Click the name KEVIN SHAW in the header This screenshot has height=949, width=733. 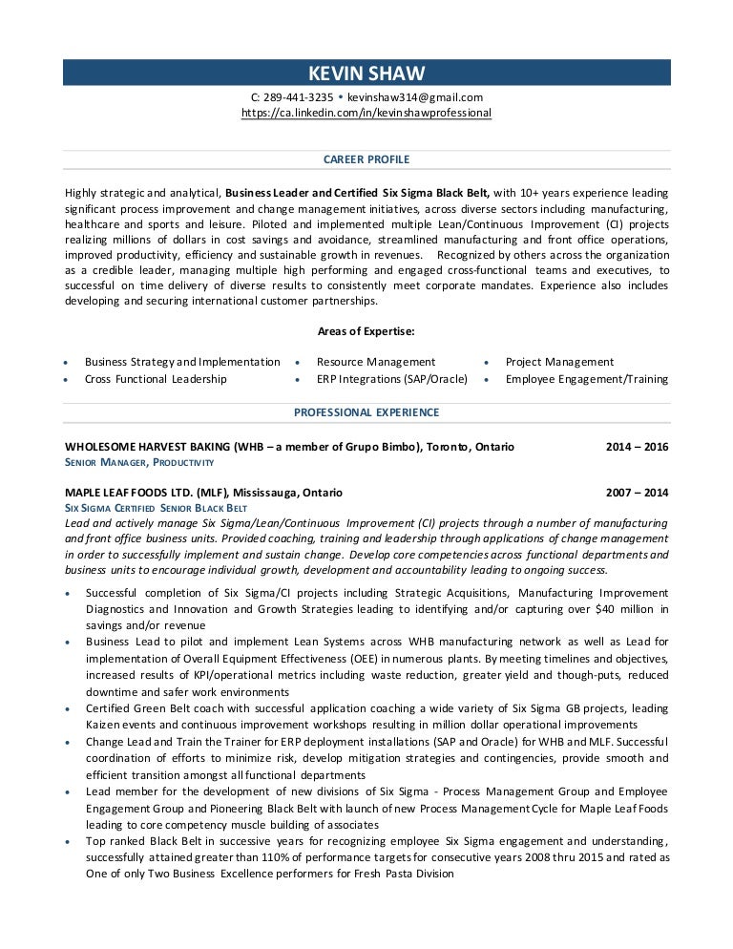click(x=366, y=74)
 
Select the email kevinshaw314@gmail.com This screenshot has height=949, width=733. click(x=415, y=96)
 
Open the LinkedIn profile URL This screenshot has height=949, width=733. click(x=366, y=112)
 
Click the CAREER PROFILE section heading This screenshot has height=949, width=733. click(x=366, y=159)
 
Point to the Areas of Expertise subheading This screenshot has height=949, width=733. click(x=366, y=331)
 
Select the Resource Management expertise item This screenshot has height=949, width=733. click(x=375, y=362)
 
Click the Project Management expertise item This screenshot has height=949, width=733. click(x=559, y=362)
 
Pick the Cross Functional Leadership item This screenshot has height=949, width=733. click(x=156, y=379)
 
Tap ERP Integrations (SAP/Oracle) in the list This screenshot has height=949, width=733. click(x=391, y=379)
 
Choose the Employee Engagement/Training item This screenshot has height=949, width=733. click(x=586, y=379)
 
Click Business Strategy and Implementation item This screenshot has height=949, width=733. click(x=182, y=362)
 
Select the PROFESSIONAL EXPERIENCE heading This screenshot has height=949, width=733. click(x=366, y=411)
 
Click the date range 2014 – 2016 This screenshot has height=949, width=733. click(x=637, y=446)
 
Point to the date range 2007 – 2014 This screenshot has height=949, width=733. click(x=637, y=493)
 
